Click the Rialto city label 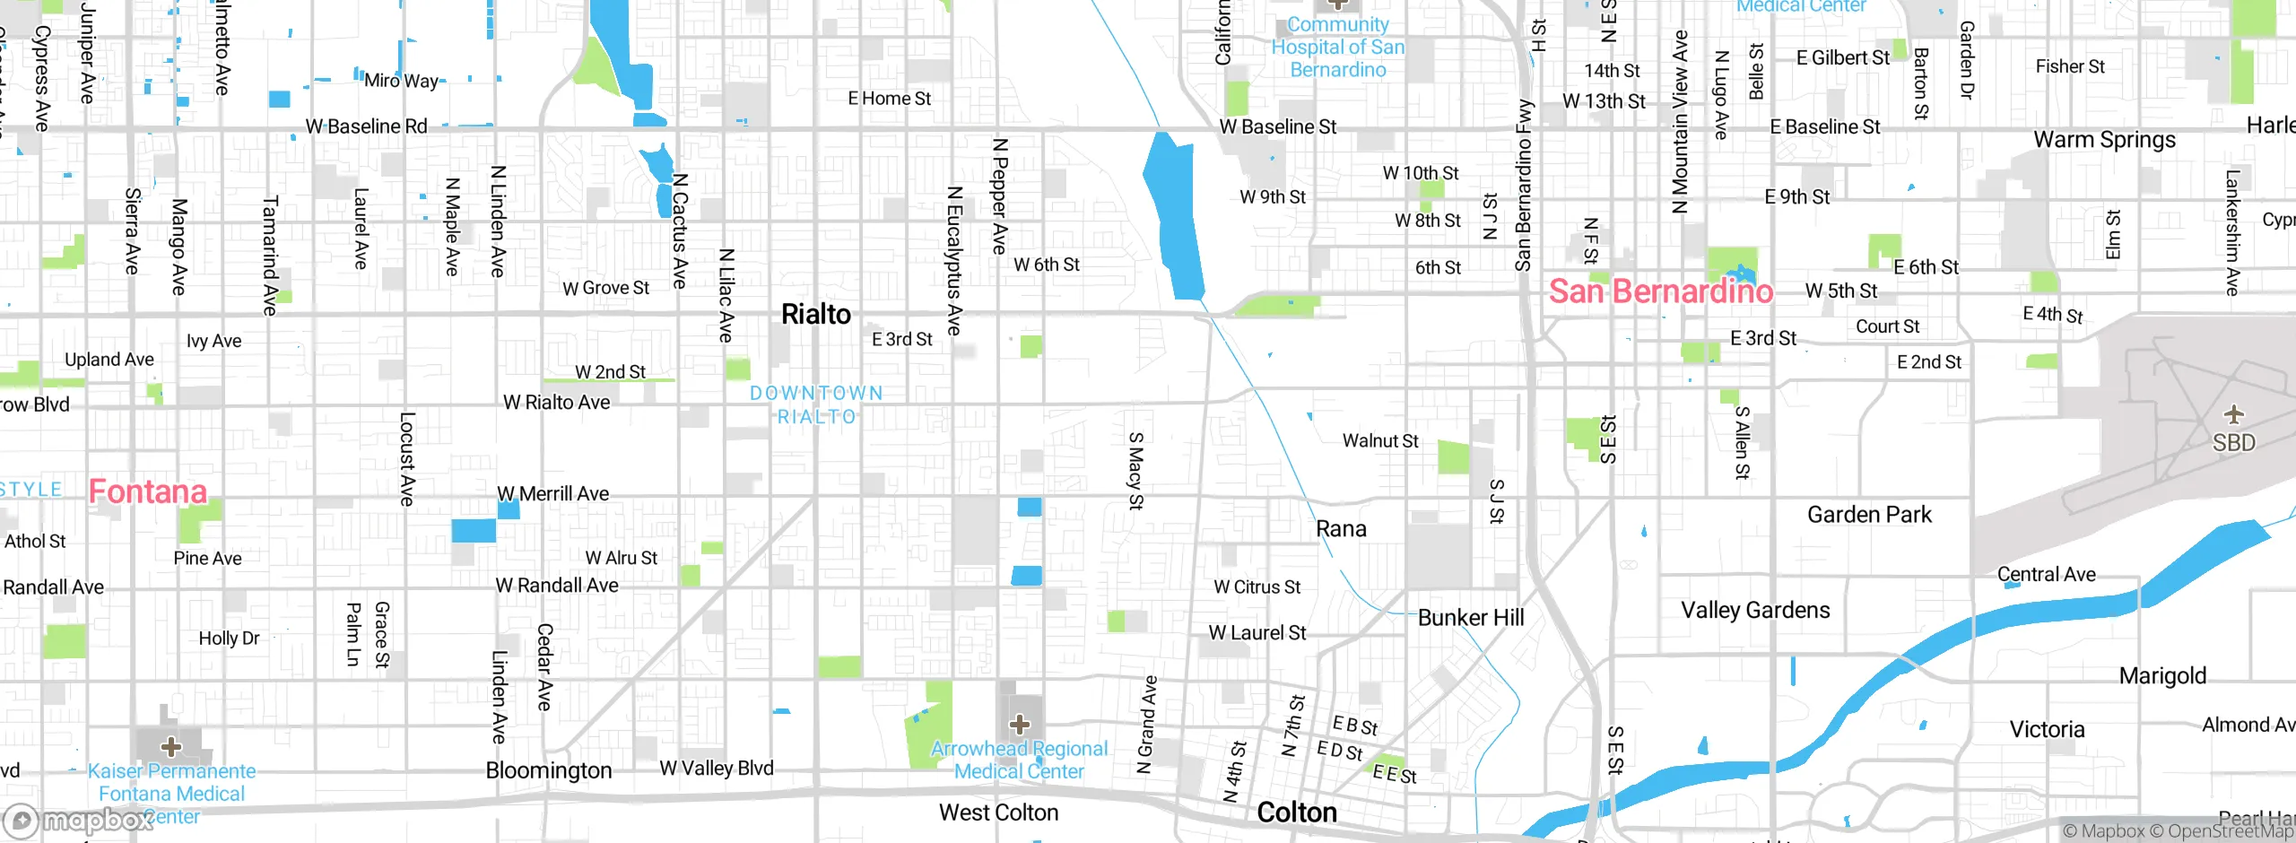815,315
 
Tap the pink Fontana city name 148,491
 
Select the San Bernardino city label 1661,291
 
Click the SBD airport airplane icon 2233,414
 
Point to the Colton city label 1296,813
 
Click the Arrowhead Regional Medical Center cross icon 1019,724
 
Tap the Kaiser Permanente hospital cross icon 170,746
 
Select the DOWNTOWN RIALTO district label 816,404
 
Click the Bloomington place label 548,770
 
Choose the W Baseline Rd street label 366,126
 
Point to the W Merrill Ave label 552,494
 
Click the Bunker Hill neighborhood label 1470,618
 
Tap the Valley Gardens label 1754,611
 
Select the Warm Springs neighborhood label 2104,140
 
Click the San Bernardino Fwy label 1523,185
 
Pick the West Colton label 998,813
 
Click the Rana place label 1341,529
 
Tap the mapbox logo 78,820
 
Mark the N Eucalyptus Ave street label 954,261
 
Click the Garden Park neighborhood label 1869,515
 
